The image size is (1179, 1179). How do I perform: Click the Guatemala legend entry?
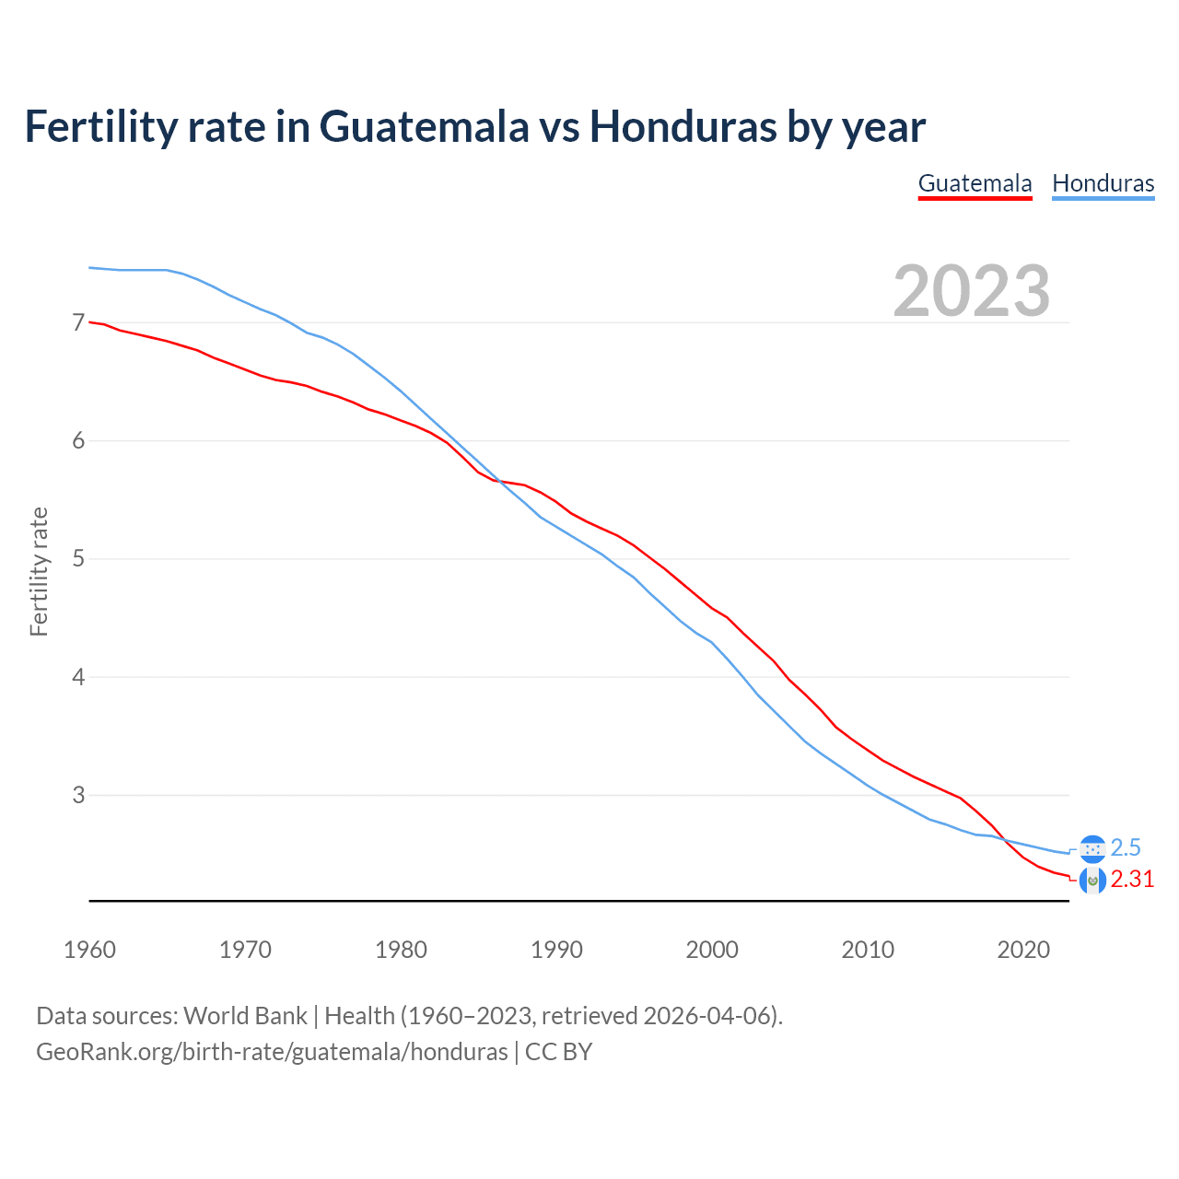pyautogui.click(x=975, y=183)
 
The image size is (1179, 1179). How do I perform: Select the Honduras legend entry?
pyautogui.click(x=1103, y=183)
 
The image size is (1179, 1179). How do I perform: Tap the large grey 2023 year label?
pyautogui.click(x=971, y=291)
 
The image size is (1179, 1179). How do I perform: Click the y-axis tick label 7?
pyautogui.click(x=78, y=322)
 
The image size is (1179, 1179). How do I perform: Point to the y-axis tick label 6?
pyautogui.click(x=78, y=440)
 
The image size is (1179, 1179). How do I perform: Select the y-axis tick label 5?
pyautogui.click(x=78, y=558)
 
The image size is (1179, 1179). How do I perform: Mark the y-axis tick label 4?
pyautogui.click(x=78, y=677)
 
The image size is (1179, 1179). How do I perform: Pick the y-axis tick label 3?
pyautogui.click(x=78, y=795)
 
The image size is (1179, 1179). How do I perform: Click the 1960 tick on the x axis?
pyautogui.click(x=89, y=950)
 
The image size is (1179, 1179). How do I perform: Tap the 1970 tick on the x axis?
pyautogui.click(x=245, y=950)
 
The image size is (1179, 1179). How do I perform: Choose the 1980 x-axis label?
pyautogui.click(x=401, y=950)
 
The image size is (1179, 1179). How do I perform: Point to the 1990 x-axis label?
pyautogui.click(x=556, y=950)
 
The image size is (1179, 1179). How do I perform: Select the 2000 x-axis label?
pyautogui.click(x=712, y=950)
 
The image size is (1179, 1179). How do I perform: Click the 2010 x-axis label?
pyautogui.click(x=868, y=950)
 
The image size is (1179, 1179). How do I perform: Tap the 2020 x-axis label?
pyautogui.click(x=1023, y=950)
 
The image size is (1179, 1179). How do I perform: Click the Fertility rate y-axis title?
pyautogui.click(x=39, y=571)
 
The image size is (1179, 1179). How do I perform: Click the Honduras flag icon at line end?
pyautogui.click(x=1092, y=848)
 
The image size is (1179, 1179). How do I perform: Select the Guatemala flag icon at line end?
pyautogui.click(x=1092, y=881)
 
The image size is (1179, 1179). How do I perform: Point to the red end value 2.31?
pyautogui.click(x=1132, y=880)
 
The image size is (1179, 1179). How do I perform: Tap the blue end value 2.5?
pyautogui.click(x=1126, y=847)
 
